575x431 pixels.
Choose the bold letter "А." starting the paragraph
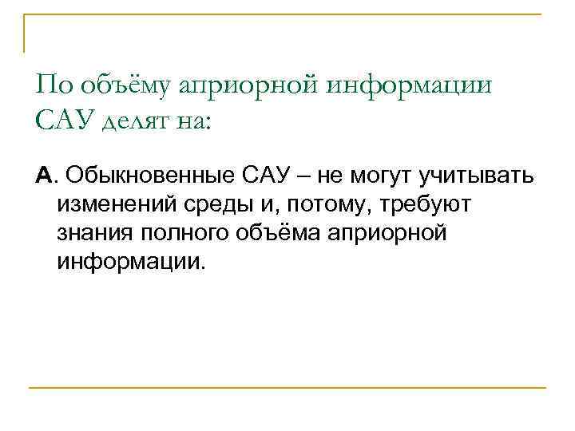(46, 176)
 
